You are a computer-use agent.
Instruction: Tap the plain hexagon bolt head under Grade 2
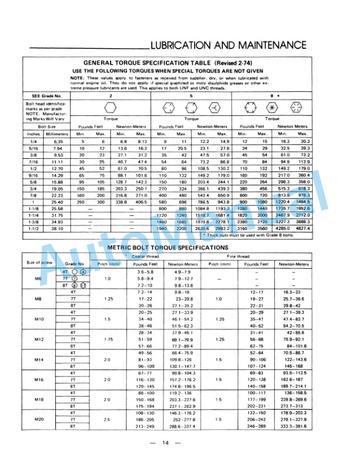[x=109, y=107]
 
